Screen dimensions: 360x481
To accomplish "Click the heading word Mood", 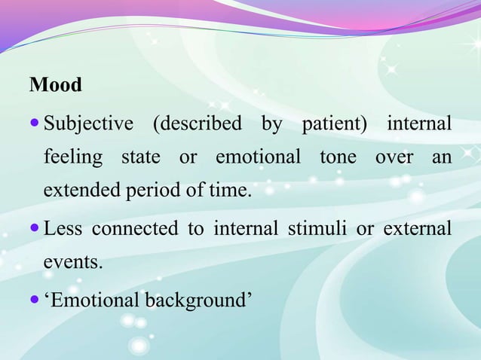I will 55,85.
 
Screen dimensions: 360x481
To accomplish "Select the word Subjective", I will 87,124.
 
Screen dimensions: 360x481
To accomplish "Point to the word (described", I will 198,124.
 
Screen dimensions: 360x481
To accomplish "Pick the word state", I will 141,157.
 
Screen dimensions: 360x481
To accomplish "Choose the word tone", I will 338,157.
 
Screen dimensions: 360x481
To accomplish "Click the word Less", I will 63,229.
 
